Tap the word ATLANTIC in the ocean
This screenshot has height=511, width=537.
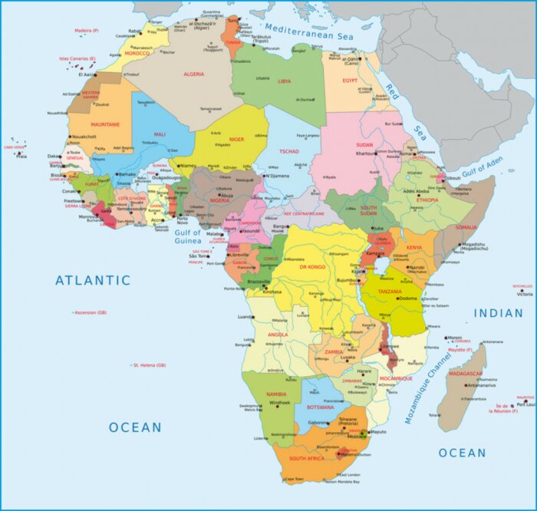click(93, 281)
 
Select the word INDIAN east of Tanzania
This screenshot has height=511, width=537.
click(498, 313)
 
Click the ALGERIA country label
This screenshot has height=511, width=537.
click(193, 74)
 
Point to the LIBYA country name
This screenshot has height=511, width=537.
click(285, 81)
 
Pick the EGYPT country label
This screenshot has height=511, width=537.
click(350, 80)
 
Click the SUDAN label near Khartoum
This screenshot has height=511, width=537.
click(365, 143)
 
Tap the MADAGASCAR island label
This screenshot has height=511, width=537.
click(466, 374)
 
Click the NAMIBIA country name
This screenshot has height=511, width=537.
click(276, 394)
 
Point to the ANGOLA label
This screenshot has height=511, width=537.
click(278, 335)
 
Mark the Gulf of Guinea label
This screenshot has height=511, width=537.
click(187, 236)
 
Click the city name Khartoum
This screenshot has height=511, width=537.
click(367, 153)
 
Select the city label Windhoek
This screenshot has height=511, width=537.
click(280, 403)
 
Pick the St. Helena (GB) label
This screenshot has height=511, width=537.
click(150, 365)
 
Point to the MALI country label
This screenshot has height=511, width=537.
click(160, 134)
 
